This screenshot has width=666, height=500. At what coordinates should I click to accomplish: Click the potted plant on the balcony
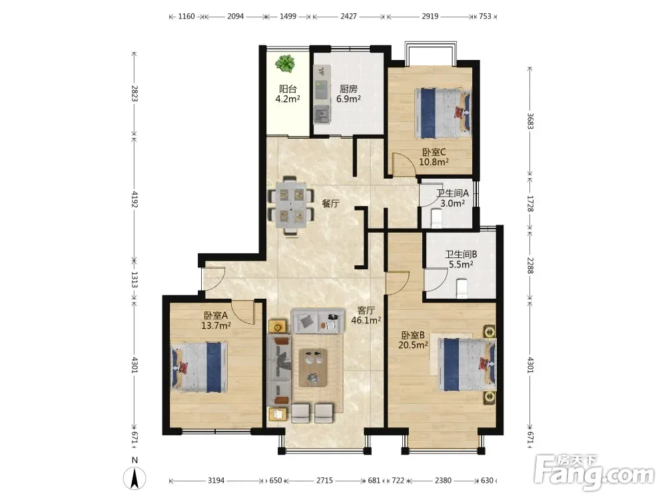285,64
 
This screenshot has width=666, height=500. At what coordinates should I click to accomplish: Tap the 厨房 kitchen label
348,89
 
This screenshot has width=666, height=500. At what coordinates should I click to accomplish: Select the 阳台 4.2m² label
288,94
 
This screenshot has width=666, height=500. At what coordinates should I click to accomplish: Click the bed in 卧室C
443,113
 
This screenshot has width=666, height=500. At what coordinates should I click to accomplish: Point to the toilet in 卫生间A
436,219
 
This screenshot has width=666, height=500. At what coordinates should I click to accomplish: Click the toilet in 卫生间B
461,288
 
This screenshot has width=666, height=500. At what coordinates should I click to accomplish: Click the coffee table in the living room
313,368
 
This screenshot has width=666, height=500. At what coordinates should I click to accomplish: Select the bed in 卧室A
198,367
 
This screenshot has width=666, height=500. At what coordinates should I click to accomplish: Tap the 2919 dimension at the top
430,16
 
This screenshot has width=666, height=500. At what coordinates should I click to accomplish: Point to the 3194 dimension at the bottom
216,481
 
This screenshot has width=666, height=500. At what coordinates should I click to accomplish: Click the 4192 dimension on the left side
135,199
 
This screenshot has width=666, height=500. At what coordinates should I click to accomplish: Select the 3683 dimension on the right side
530,121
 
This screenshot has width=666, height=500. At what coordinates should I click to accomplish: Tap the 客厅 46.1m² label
366,315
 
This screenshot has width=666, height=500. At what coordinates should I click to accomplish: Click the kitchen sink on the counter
322,114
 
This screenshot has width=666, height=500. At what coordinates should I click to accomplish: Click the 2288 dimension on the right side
530,265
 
